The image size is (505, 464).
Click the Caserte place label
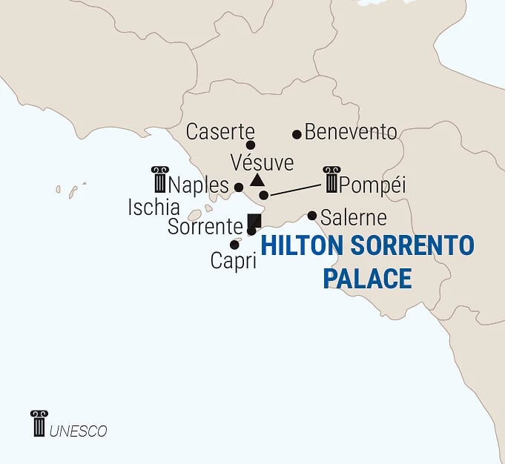coord(220,132)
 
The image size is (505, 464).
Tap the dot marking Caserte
coord(251,145)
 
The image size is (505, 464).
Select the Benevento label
coord(351,133)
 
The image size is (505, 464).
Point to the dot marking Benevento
coord(297,134)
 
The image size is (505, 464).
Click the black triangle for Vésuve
coord(257,180)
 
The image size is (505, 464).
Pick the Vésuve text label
coord(262,162)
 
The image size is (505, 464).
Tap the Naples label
coord(199,183)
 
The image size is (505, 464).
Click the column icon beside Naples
coord(159,179)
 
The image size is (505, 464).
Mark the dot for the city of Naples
coord(238,188)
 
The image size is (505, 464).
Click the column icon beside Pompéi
coord(331,179)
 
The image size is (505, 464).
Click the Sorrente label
coord(205,227)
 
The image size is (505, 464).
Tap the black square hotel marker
coord(254,221)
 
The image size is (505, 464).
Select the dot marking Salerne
coord(312,216)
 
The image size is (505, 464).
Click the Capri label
coord(233,261)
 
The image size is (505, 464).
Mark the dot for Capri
coord(234,245)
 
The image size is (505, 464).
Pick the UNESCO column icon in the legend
coord(39,423)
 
